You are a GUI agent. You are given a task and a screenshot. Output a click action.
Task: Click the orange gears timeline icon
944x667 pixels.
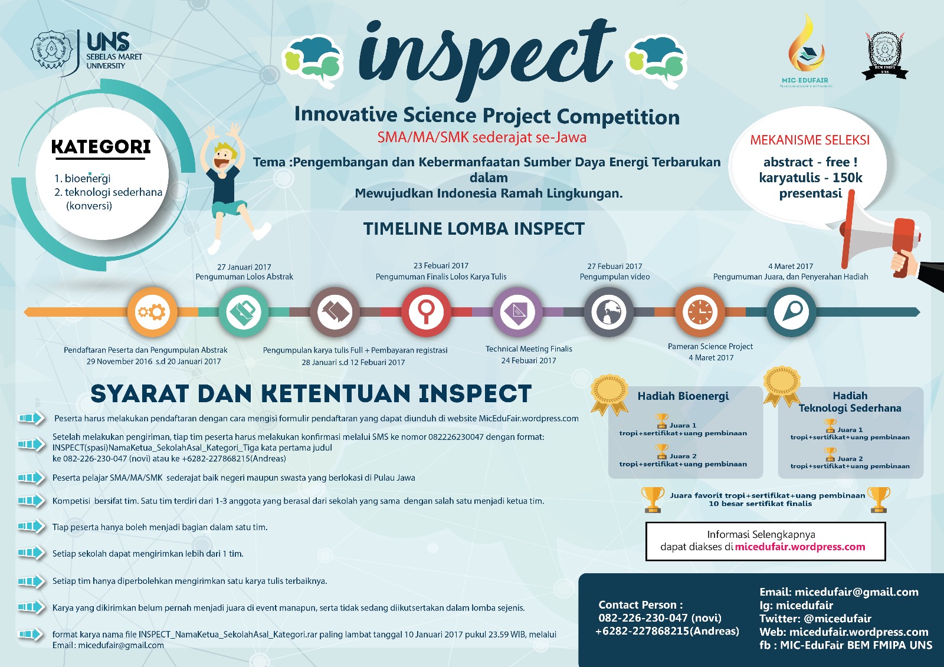point(152,311)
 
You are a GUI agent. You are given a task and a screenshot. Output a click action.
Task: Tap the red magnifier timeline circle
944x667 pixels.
point(426,311)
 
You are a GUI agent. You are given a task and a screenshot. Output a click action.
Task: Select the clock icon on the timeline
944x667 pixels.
point(700,311)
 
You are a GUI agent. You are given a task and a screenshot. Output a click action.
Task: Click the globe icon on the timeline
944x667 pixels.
point(609,311)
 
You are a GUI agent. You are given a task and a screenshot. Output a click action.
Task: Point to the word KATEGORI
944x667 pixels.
point(101,147)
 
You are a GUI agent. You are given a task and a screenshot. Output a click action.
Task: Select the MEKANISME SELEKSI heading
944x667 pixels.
point(809,140)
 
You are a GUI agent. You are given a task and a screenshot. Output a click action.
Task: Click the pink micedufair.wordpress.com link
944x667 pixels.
point(800,547)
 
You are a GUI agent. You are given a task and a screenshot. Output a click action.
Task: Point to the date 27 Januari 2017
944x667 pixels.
point(244,267)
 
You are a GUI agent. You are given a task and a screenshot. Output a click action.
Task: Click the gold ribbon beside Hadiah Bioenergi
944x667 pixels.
point(610,394)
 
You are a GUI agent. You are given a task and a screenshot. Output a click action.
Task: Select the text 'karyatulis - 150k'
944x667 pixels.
point(811,178)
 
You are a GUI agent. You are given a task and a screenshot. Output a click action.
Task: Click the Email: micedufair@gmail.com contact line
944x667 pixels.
point(838,592)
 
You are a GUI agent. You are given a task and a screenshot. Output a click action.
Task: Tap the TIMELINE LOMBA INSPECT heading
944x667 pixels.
point(474,229)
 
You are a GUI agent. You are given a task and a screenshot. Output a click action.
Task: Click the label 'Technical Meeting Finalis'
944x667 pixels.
point(529,349)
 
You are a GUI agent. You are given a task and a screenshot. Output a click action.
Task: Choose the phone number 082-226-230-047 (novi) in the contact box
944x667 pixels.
point(660,618)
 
